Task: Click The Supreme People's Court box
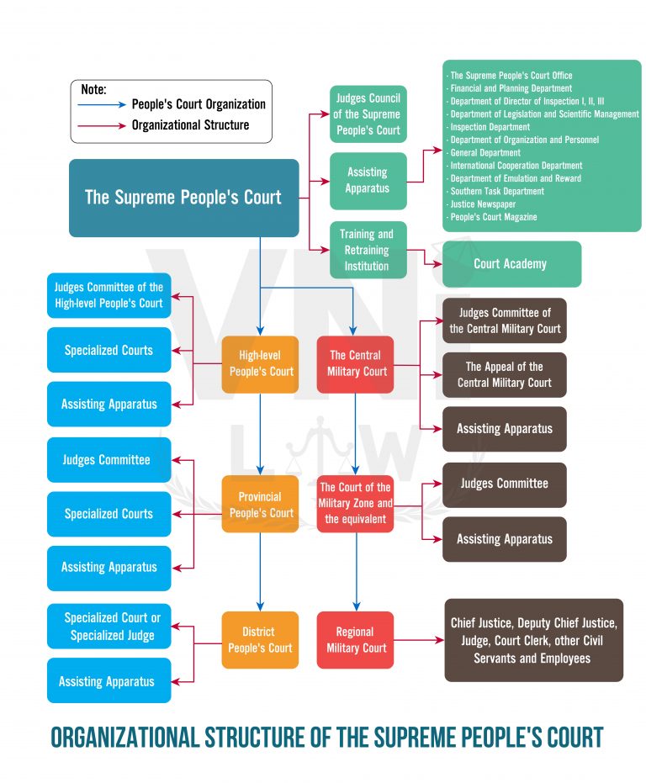[x=183, y=198]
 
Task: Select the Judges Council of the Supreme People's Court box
[x=368, y=114]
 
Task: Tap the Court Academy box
[x=510, y=264]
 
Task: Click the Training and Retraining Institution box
[x=367, y=250]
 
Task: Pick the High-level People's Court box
[x=260, y=363]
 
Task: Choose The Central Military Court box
[x=355, y=363]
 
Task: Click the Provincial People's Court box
[x=260, y=505]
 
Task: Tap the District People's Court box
[x=260, y=639]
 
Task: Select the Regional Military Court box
[x=355, y=639]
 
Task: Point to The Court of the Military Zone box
[x=355, y=503]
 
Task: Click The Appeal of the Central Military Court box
[x=505, y=375]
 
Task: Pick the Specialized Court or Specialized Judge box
[x=109, y=626]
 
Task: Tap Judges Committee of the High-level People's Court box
[x=109, y=295]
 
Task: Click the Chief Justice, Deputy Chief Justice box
[x=533, y=639]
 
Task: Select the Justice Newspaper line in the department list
[x=484, y=204]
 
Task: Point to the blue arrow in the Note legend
[x=103, y=105]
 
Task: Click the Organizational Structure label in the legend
[x=190, y=125]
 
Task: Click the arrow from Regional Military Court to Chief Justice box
[x=419, y=640]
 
